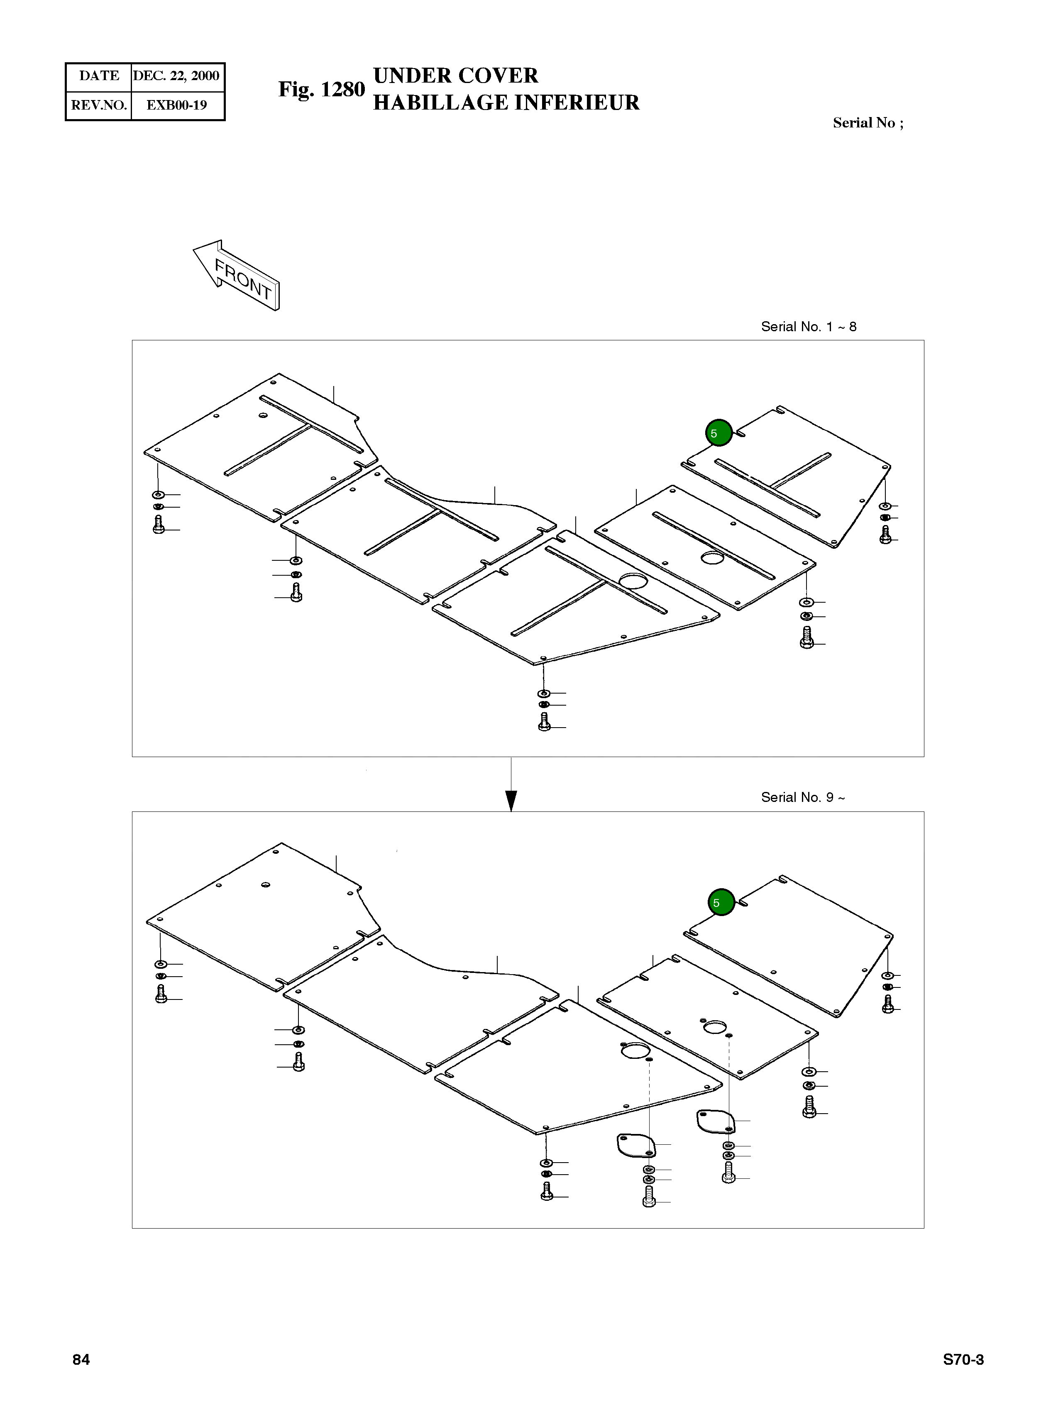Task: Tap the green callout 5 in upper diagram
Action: tap(719, 433)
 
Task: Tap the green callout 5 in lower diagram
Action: tap(721, 902)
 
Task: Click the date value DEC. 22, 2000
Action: tap(176, 76)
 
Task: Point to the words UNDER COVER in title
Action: tap(455, 76)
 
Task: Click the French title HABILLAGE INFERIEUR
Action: tap(506, 103)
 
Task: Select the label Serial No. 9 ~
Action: tap(802, 797)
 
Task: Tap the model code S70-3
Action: tap(963, 1359)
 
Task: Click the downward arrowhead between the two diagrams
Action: tap(512, 800)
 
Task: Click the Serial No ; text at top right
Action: tap(868, 123)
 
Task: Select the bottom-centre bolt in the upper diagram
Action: tap(544, 722)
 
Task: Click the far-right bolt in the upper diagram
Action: tap(885, 534)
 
